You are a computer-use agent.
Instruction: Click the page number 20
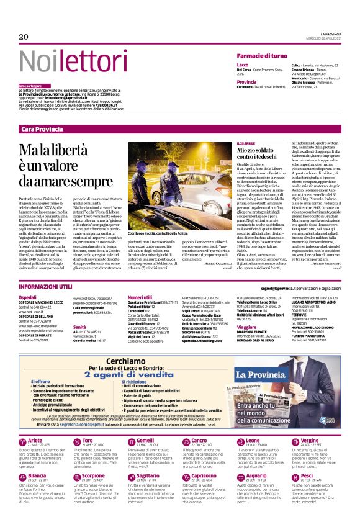click(24, 37)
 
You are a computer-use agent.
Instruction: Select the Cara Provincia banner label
click(42, 128)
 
